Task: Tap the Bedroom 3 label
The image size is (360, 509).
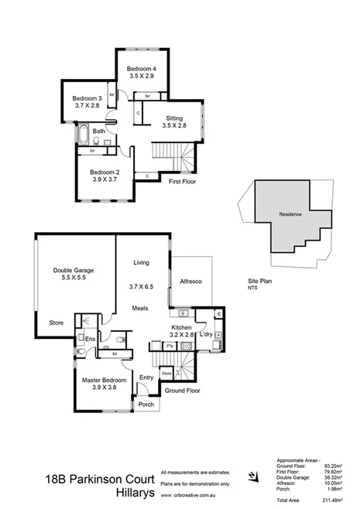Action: pos(87,98)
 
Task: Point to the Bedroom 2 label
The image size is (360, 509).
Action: pos(104,172)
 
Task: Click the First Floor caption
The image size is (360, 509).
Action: pos(184,180)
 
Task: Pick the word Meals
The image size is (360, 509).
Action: pos(140,308)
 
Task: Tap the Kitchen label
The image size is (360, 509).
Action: pos(181,328)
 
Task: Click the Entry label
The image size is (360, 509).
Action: pos(146,377)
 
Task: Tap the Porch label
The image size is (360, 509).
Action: pos(145,404)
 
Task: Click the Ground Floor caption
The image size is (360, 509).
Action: pos(182,391)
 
